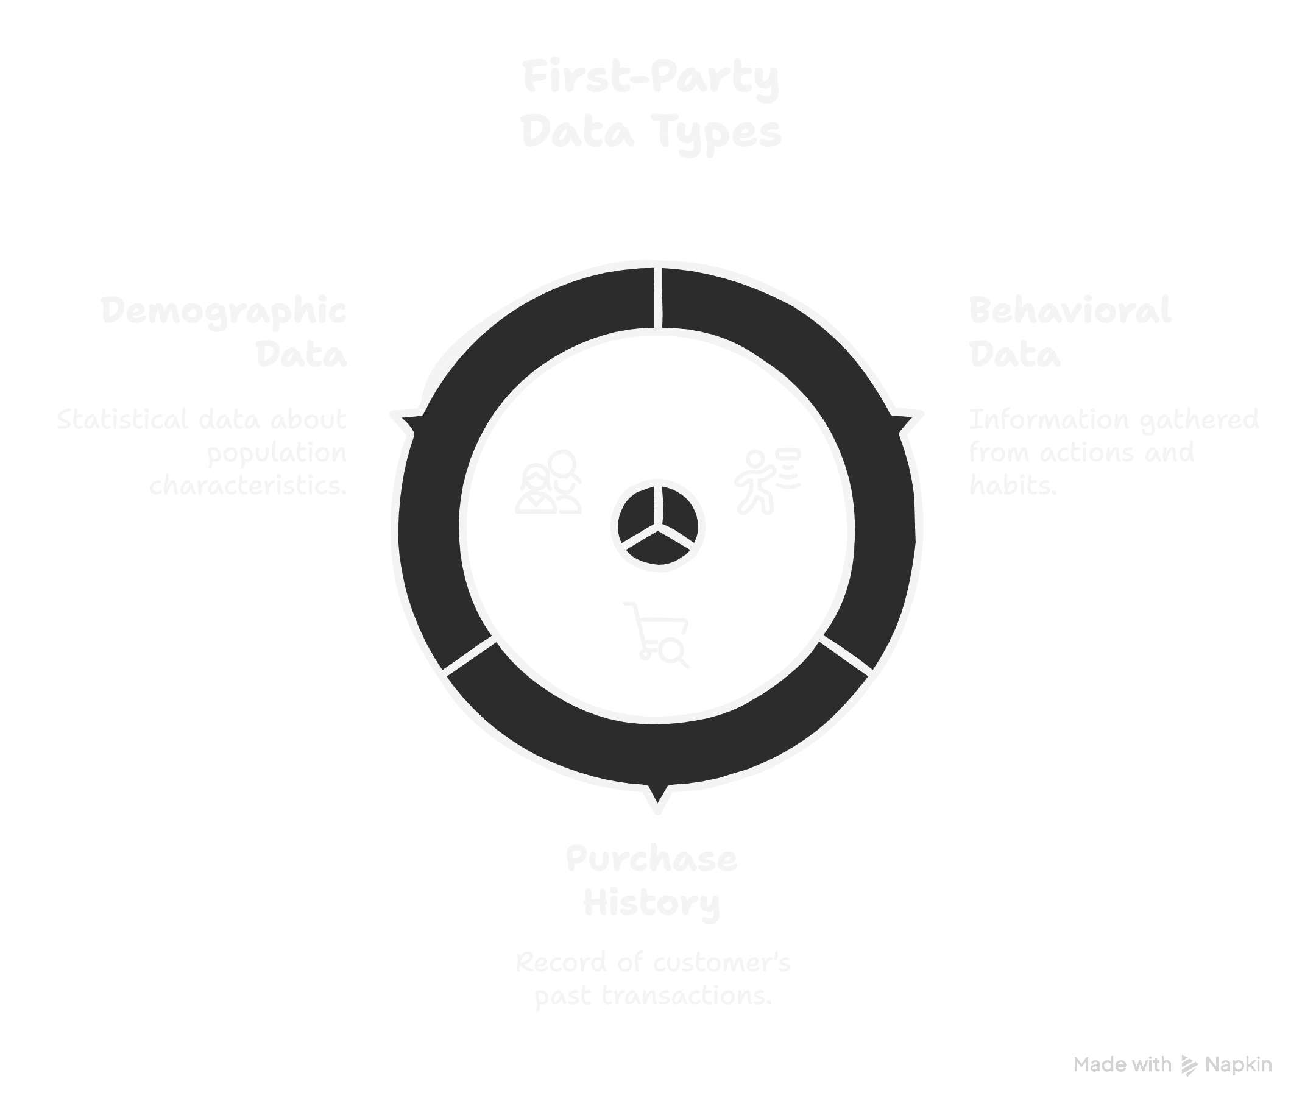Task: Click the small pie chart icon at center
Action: [x=657, y=526]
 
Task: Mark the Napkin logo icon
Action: [x=1189, y=1065]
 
